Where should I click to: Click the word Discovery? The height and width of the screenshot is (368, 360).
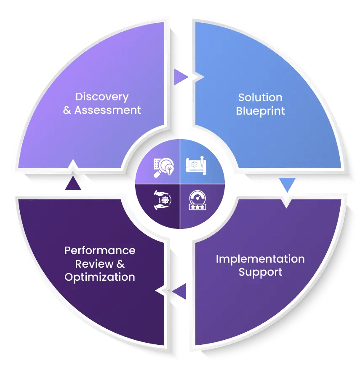pos(101,97)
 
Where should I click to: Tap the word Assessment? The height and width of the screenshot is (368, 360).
pos(107,110)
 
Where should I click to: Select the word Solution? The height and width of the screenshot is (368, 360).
pos(260,97)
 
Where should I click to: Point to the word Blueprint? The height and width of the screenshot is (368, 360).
pos(260,111)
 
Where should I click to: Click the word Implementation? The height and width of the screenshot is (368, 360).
pos(260,259)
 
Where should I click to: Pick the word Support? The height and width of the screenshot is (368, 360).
pos(260,272)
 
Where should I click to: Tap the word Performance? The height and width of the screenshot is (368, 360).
pos(100,250)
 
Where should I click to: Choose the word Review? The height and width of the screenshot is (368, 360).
pos(95,264)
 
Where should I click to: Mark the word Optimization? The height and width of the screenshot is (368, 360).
pos(100,277)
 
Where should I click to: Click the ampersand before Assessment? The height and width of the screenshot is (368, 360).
pos(67,111)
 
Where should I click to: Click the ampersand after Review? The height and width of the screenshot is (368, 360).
pos(121,264)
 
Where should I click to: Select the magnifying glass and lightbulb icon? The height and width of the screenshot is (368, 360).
pos(163,167)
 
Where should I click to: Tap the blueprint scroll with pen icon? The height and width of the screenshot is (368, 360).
pos(197,165)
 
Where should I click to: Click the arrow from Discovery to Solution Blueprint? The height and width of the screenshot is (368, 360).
pos(181,77)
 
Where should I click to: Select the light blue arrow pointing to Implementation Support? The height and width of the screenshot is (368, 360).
pos(287,185)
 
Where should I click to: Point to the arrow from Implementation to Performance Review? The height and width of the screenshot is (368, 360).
pos(179,291)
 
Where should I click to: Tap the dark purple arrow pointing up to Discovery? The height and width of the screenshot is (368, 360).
pos(73,183)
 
